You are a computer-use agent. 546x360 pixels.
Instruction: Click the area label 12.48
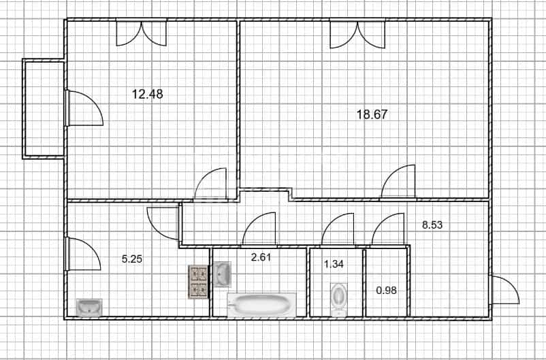coord(147,94)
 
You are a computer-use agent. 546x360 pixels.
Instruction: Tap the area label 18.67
coord(372,114)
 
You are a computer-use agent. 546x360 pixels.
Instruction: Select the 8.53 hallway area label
coord(432,225)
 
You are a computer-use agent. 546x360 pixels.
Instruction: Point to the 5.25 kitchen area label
coord(132,259)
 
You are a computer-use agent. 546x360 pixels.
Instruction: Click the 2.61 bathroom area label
coord(261,258)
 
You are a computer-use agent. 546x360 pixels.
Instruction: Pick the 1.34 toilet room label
coord(334,264)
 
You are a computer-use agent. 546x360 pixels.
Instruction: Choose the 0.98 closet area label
coord(387,290)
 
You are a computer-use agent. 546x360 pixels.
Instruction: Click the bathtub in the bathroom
coord(261,305)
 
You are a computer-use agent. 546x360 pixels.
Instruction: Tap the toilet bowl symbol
coord(339,299)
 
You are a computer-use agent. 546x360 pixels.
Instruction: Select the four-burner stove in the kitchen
coord(198,282)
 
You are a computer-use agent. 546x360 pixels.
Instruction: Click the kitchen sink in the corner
coord(89,308)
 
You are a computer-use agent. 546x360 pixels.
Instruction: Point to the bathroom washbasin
coord(222,274)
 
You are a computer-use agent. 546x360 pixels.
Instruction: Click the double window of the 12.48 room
coord(142,34)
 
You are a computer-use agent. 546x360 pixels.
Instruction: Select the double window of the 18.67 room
coord(357,35)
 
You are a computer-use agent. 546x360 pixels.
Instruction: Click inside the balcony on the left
coord(44,109)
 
